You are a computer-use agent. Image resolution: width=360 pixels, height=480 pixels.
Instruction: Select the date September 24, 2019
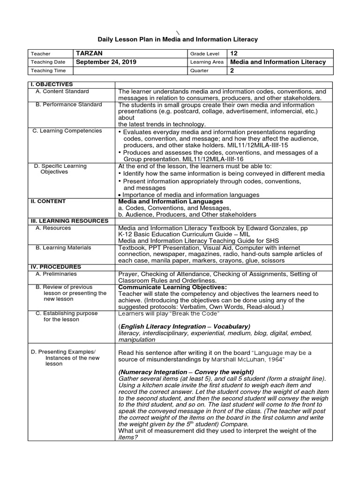(x=105, y=62)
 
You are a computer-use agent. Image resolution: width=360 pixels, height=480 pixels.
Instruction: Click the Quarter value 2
(x=232, y=71)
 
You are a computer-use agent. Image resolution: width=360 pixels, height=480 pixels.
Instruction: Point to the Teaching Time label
(x=49, y=71)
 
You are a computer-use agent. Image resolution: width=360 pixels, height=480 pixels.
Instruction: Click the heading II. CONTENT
(x=46, y=201)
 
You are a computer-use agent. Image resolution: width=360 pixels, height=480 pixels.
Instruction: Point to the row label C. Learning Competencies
(x=67, y=131)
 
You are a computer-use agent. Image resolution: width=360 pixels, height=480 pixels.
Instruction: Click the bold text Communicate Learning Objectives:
(x=172, y=287)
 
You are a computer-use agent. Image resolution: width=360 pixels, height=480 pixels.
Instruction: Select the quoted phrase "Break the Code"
(x=197, y=313)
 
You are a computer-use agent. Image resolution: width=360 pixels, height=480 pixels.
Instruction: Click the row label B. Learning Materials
(x=63, y=247)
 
